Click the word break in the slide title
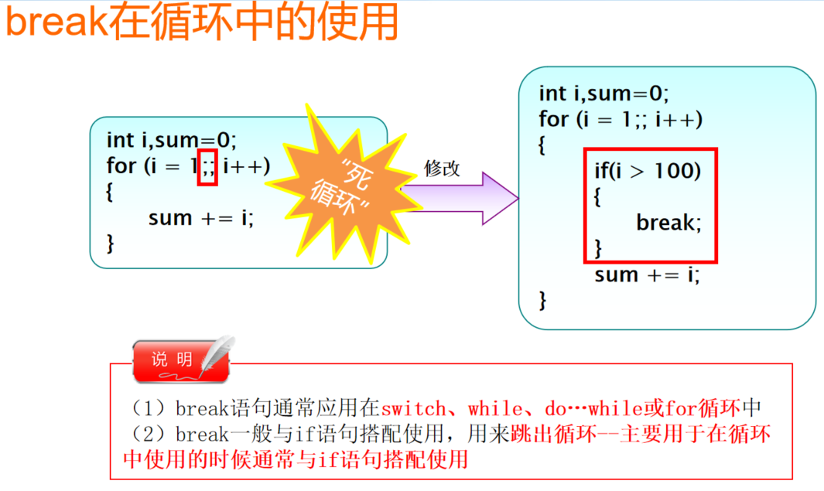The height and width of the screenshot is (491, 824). click(54, 23)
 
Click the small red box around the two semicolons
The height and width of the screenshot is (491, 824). click(207, 167)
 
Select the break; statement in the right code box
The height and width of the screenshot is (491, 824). click(668, 223)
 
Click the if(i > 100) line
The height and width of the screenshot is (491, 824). click(648, 170)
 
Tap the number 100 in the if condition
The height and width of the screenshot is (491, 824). click(677, 170)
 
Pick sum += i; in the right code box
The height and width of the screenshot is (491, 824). click(647, 274)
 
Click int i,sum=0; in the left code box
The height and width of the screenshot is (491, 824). click(171, 140)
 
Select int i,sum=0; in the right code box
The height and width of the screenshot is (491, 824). click(603, 94)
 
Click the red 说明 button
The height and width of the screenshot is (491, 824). click(172, 360)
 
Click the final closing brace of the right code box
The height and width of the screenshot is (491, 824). click(542, 300)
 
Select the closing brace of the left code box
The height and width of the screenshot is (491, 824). click(110, 244)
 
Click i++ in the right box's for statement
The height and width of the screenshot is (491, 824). click(679, 120)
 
